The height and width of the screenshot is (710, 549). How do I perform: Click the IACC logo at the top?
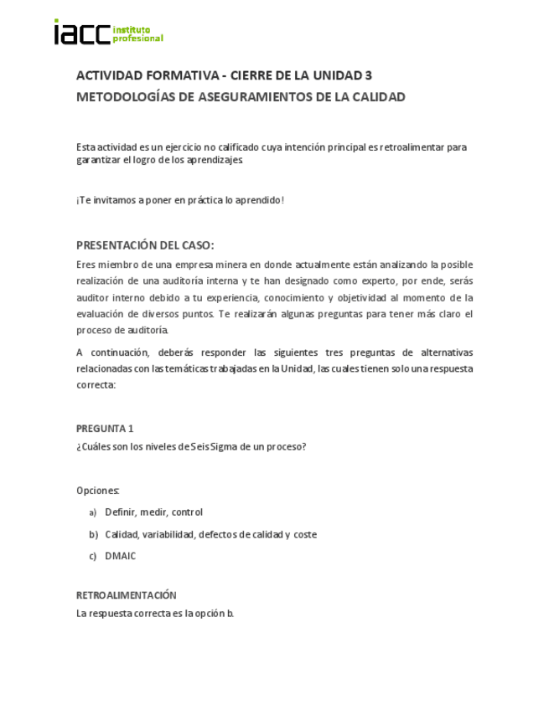click(108, 33)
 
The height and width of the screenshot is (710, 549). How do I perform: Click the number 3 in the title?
click(369, 75)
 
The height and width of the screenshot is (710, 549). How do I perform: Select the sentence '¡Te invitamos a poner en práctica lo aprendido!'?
click(180, 200)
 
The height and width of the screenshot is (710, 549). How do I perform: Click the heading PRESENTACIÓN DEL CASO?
click(145, 245)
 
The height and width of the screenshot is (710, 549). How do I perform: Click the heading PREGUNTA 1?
click(105, 428)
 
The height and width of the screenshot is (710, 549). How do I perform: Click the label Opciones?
click(98, 490)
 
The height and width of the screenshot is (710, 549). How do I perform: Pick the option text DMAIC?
click(120, 556)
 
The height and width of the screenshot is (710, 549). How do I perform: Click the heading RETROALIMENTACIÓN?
click(127, 595)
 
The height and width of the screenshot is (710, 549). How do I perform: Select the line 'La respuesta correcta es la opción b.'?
click(155, 613)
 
